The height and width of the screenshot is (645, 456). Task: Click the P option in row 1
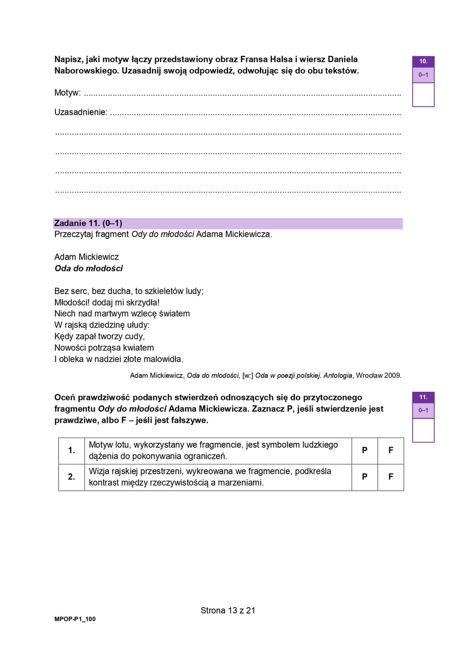[x=365, y=450]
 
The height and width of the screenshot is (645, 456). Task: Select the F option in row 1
[x=391, y=450]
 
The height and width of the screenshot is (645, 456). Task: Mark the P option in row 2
[x=365, y=477]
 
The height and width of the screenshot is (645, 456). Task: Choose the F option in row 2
[x=391, y=477]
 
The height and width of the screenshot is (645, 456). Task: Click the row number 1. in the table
[x=71, y=450]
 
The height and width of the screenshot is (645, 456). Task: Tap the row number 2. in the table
[x=71, y=477]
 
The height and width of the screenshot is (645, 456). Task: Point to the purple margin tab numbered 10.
[x=423, y=61]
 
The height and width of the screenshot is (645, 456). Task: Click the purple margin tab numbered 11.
[x=423, y=397]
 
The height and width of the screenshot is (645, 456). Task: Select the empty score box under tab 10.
[x=423, y=95]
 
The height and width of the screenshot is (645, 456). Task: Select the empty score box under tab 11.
[x=423, y=430]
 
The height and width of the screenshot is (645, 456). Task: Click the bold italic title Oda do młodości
[x=88, y=268]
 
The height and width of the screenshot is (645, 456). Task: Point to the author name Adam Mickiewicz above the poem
[x=86, y=256]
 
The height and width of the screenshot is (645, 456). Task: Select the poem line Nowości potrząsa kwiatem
[x=104, y=348]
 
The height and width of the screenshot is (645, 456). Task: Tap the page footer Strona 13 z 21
[x=228, y=610]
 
